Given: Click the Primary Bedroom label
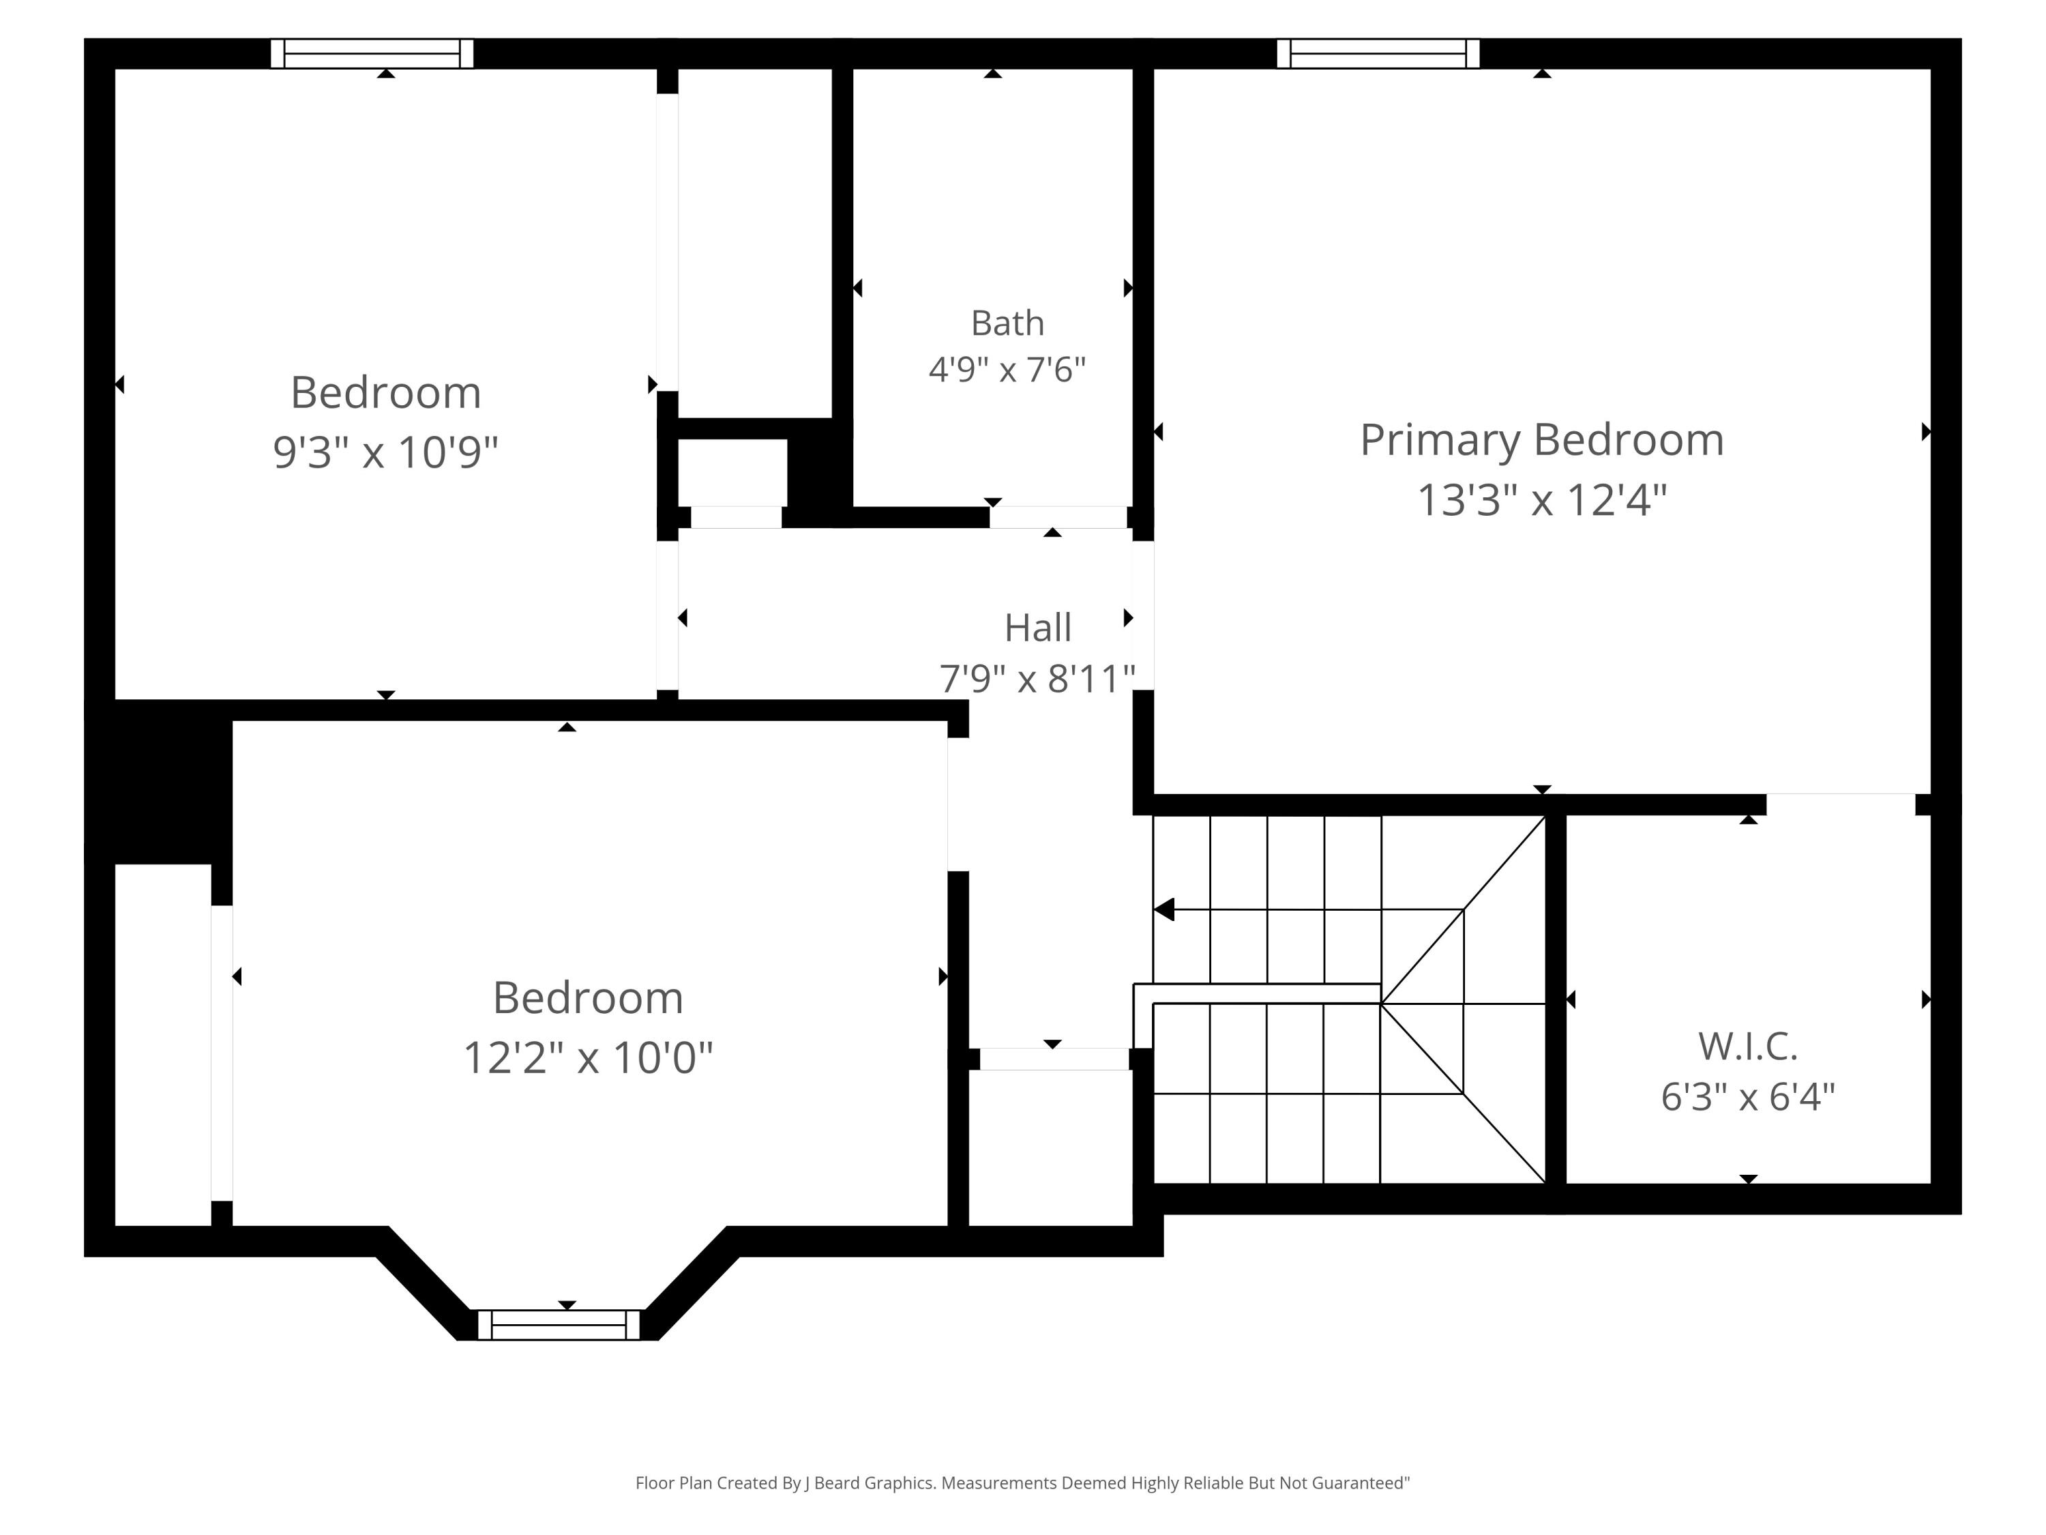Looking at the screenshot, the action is tap(1542, 441).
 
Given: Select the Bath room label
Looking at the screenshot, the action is tap(1007, 323).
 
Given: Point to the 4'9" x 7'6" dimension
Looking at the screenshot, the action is tap(1007, 370).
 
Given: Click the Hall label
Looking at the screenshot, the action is tap(1038, 628).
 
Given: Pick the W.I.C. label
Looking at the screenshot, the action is tap(1747, 1047).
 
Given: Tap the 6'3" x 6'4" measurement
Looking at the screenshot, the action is tap(1747, 1097).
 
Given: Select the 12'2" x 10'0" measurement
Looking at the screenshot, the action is tap(589, 1057).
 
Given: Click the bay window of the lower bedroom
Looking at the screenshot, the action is tap(559, 1325).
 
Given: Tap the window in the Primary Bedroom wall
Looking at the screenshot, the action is tap(1378, 54).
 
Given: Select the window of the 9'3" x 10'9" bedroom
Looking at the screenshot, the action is tap(372, 54).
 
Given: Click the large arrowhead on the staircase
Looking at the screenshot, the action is tap(1163, 909).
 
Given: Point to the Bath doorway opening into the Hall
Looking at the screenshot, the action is tap(1058, 517).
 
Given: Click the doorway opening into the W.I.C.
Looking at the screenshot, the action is tap(1841, 804).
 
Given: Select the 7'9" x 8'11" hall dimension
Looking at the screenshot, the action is tap(1038, 679).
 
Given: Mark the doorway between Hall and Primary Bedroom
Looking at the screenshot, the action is tap(1143, 615).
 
